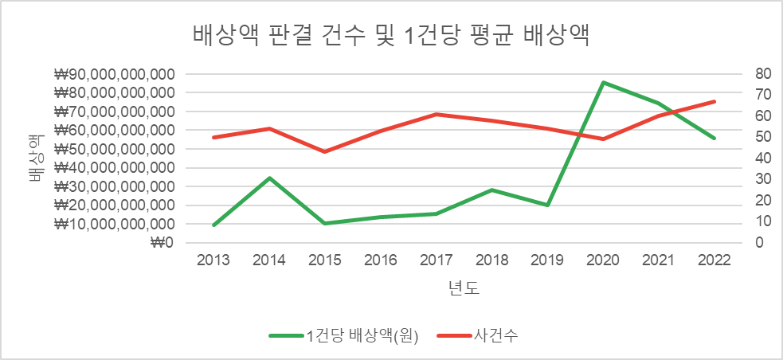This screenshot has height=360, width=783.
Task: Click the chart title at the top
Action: coord(391,36)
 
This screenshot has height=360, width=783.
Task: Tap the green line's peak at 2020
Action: coord(603,82)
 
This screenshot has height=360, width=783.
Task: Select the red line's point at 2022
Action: coord(714,101)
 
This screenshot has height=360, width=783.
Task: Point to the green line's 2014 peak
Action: coord(270,178)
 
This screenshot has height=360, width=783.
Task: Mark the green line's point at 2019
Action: coord(547,205)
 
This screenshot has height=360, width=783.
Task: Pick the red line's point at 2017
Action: coord(436,115)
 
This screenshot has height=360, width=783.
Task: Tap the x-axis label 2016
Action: coord(381,261)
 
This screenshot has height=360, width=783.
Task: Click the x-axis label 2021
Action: coord(658,261)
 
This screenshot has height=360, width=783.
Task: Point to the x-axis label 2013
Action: coord(214,261)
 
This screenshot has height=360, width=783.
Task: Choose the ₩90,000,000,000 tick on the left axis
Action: coord(115,74)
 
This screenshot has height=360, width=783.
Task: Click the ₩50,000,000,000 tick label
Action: coord(115,149)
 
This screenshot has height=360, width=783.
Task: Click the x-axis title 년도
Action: coord(464,288)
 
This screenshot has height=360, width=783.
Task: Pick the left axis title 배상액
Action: coord(35,158)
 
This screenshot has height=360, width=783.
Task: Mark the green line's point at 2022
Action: coord(714,138)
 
